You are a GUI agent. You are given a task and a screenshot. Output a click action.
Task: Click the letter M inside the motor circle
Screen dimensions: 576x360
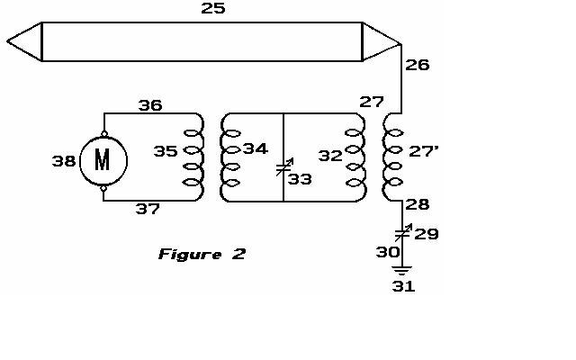click(102, 160)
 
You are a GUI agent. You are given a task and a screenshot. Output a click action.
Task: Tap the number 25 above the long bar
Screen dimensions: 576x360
click(213, 8)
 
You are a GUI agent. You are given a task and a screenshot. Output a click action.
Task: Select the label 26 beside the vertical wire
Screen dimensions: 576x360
click(418, 65)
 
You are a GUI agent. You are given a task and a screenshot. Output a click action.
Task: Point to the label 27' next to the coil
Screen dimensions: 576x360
click(423, 151)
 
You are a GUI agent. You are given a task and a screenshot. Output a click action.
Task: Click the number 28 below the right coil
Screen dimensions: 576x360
click(418, 204)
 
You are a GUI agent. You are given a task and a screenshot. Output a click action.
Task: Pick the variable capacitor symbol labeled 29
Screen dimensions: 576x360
click(403, 232)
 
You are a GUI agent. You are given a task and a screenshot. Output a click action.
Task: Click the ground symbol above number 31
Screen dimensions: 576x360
click(402, 271)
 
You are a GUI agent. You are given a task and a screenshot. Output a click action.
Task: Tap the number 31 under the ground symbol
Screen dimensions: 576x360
click(404, 286)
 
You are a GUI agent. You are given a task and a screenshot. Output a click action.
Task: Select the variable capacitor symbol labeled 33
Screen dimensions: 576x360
click(284, 167)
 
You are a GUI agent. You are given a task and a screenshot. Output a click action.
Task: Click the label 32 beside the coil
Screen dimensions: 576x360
click(330, 156)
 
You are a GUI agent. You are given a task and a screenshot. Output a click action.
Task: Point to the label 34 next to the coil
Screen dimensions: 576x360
click(256, 148)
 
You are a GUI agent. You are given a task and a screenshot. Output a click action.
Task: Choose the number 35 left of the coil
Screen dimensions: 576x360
click(166, 151)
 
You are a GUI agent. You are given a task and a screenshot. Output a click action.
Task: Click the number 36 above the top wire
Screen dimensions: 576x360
click(150, 106)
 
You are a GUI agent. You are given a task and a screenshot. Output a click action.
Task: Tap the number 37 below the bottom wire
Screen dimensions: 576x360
click(148, 209)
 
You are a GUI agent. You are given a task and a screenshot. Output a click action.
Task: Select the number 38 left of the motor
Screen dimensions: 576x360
click(64, 161)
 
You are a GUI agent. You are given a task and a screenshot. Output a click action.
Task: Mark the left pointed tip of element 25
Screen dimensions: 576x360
click(7, 41)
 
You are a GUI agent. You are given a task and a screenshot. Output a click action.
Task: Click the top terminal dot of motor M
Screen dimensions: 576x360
click(104, 134)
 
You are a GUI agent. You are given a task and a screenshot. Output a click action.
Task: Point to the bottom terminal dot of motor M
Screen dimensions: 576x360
click(104, 188)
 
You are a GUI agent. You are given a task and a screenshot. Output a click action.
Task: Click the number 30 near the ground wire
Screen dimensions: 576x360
click(388, 252)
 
